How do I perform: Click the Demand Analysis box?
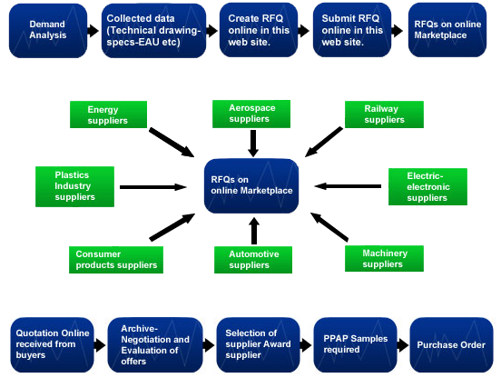tap(48, 31)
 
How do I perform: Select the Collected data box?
tap(153, 31)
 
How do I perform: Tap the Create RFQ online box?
tap(259, 30)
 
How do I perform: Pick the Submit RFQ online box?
tap(352, 30)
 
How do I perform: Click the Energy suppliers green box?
tap(108, 114)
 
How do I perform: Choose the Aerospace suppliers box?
tap(251, 114)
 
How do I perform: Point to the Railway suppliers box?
tap(384, 114)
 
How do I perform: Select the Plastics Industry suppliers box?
tap(74, 186)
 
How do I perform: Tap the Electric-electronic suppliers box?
tap(427, 187)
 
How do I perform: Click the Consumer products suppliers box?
tap(116, 260)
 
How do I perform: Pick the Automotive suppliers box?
tap(253, 260)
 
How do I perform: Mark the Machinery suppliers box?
tap(384, 258)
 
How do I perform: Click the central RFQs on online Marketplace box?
tap(251, 186)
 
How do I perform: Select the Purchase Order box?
tap(451, 344)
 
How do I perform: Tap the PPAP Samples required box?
tap(355, 344)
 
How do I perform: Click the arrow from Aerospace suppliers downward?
tap(253, 144)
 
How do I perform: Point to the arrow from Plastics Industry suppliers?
tap(153, 187)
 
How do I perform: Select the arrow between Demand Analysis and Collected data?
tap(93, 31)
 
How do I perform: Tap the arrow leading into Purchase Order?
tap(403, 345)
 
